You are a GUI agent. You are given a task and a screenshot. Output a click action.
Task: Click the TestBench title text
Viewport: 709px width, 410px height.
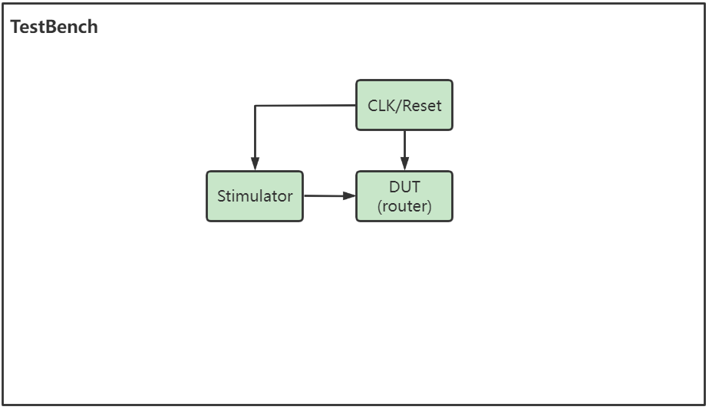[54, 27]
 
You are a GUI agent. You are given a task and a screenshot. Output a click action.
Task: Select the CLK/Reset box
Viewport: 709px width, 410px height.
[404, 105]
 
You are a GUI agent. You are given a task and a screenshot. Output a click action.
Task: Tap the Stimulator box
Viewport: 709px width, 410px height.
[255, 196]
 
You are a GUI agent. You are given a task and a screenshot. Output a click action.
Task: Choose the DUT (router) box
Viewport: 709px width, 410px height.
[404, 196]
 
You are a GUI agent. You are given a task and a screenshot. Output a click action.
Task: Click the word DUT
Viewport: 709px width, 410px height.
[404, 188]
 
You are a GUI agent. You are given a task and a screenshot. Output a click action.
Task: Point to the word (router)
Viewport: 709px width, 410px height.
[404, 206]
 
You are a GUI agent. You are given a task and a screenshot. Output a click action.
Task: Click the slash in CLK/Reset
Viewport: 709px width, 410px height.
[397, 106]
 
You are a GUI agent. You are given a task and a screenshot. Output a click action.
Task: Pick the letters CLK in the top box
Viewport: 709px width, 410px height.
[382, 106]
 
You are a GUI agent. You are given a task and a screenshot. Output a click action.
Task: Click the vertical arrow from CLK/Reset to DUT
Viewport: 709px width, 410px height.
[404, 147]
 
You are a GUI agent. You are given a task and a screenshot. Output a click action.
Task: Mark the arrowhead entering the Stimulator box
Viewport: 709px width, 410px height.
[255, 164]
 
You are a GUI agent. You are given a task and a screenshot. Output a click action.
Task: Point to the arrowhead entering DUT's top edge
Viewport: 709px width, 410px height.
[404, 165]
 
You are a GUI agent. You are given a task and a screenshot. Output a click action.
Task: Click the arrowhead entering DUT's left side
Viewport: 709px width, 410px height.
[350, 195]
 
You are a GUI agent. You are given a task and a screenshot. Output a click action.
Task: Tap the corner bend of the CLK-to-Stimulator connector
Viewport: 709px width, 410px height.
[255, 106]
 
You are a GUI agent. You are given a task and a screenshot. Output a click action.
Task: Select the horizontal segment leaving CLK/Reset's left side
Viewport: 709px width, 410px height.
[307, 106]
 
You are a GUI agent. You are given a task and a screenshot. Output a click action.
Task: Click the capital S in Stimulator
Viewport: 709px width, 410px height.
[222, 196]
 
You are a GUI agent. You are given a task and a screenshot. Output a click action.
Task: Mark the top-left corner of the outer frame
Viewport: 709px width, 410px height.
[3, 4]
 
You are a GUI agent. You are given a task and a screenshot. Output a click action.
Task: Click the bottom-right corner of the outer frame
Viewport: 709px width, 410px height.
[704, 404]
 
